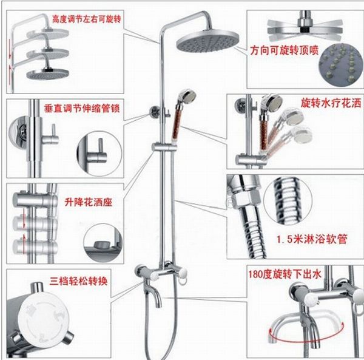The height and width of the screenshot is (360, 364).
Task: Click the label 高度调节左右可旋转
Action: [x=87, y=19]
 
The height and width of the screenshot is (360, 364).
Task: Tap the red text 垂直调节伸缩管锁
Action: [x=82, y=109]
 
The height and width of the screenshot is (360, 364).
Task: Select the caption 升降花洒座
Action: [x=88, y=203]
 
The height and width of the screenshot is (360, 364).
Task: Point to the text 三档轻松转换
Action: [x=78, y=282]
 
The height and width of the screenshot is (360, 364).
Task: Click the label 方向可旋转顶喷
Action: [x=285, y=50]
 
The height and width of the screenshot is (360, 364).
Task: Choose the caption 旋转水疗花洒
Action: [x=331, y=103]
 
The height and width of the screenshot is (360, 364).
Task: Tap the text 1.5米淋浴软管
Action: [x=312, y=239]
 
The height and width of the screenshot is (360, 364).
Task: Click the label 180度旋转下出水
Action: [x=285, y=274]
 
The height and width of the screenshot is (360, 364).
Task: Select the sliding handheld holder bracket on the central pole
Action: [x=164, y=148]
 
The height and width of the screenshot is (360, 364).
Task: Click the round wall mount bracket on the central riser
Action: [x=154, y=113]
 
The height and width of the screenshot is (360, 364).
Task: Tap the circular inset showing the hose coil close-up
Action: [x=288, y=200]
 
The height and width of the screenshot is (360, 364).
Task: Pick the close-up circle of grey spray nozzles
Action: [x=341, y=65]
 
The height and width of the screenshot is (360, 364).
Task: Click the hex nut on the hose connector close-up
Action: [x=243, y=200]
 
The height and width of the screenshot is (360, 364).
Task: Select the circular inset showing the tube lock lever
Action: [x=99, y=154]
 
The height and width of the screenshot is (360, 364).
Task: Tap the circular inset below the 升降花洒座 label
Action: [x=103, y=243]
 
